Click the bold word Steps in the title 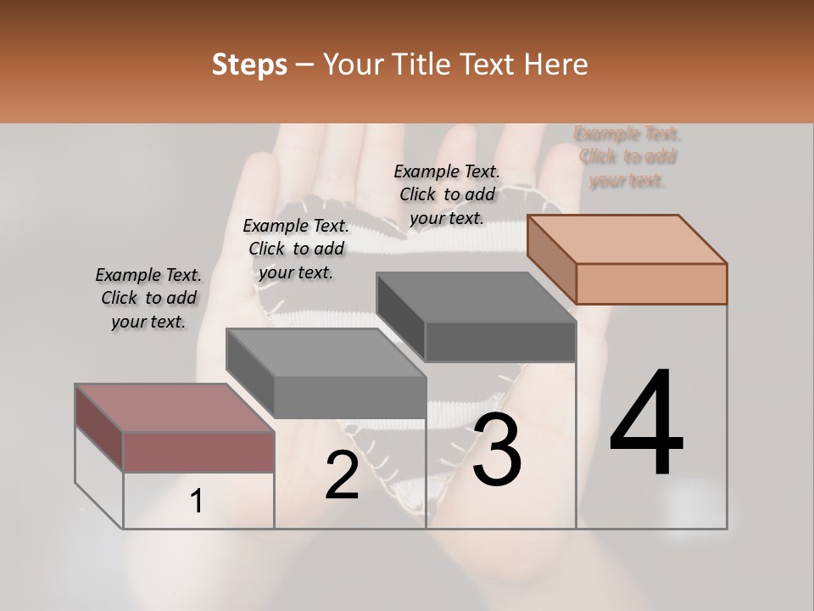coord(249,64)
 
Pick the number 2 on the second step coord(342,476)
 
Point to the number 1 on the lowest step coord(196,502)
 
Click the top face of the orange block coord(627,239)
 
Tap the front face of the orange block coord(651,283)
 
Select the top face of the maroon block coord(175,408)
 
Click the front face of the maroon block coord(198,451)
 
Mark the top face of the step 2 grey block coord(326,352)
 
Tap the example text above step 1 coord(148,298)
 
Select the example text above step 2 coord(296,249)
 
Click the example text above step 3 coord(447,194)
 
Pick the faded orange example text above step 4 coord(627,157)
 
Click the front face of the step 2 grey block coord(349,397)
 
